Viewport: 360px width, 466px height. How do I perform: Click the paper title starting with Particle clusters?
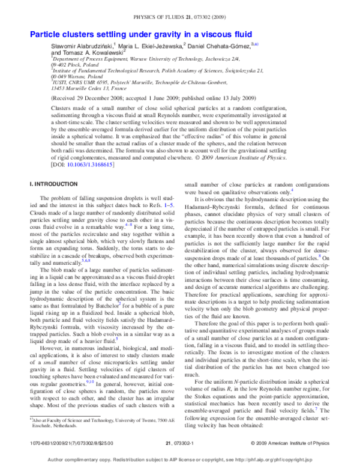pos(142,34)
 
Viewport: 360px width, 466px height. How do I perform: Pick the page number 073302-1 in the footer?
pos(180,445)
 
